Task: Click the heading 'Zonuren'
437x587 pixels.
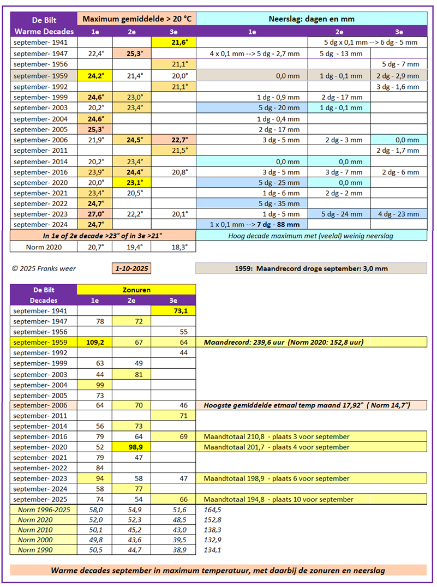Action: pyautogui.click(x=136, y=290)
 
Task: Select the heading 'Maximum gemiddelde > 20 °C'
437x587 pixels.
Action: pyautogui.click(x=137, y=19)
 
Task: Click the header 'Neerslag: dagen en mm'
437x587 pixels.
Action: pyautogui.click(x=311, y=19)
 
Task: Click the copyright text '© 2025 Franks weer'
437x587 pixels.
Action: pyautogui.click(x=44, y=268)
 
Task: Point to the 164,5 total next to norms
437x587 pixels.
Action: pyautogui.click(x=212, y=510)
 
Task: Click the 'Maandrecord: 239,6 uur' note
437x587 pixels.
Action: pyautogui.click(x=284, y=342)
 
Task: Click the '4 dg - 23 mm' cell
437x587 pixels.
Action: pyautogui.click(x=399, y=214)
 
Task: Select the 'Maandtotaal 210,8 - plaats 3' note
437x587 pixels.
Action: pyautogui.click(x=277, y=436)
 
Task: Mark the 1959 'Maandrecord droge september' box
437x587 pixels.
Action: pyautogui.click(x=311, y=268)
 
